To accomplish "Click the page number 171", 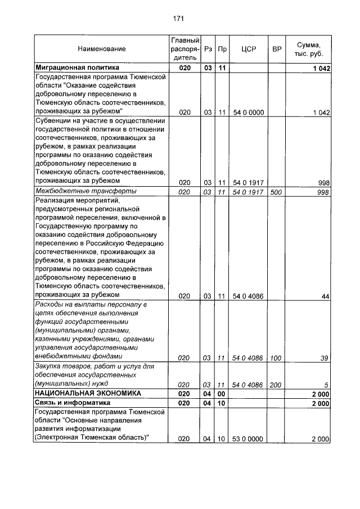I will pos(179,19).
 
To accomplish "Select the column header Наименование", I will pos(102,49).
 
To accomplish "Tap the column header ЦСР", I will pos(248,49).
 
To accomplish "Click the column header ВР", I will pos(276,49).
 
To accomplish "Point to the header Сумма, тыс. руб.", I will pos(308,49).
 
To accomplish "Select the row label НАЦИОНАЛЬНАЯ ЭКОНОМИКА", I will pos(87,394).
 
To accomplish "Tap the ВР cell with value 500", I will pos(276,192).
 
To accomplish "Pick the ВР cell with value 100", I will pos(276,357).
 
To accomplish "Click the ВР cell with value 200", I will pos(276,385).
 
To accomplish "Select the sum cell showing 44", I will pos(325,296).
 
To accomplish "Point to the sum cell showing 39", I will pos(325,357).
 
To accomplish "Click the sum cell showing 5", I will pos(327,385).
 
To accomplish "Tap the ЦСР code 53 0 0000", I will pos(248,439).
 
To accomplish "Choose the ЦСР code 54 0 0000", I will pos(248,113).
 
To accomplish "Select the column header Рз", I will pos(207,49).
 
